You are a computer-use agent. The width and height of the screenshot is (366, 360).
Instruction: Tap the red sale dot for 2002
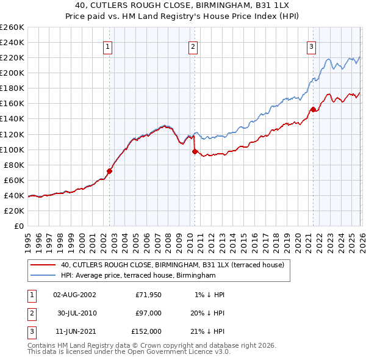(109, 171)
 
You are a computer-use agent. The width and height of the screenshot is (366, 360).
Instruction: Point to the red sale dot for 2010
(195, 151)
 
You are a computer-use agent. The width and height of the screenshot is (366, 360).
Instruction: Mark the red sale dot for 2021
(313, 109)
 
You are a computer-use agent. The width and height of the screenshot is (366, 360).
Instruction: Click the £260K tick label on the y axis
(12, 27)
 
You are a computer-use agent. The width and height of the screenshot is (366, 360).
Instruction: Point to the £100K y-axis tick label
(12, 149)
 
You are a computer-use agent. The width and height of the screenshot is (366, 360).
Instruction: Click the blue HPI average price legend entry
(138, 276)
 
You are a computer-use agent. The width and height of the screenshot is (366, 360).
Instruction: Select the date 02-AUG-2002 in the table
(74, 295)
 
